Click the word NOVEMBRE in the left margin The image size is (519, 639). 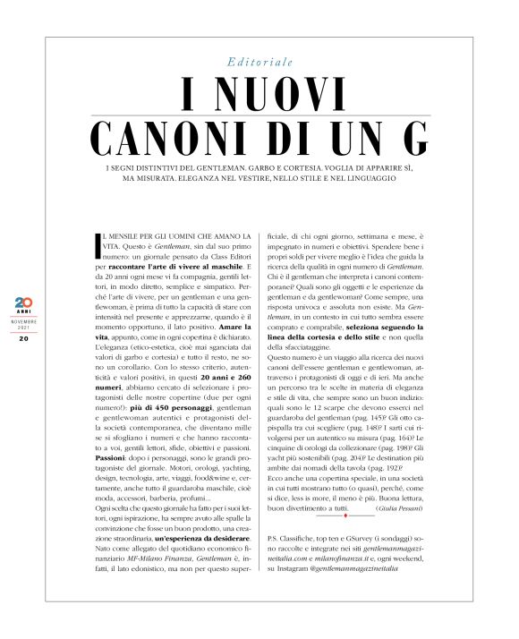(25, 318)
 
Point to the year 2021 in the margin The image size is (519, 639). (25, 327)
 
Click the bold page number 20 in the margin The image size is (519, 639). (24, 338)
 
